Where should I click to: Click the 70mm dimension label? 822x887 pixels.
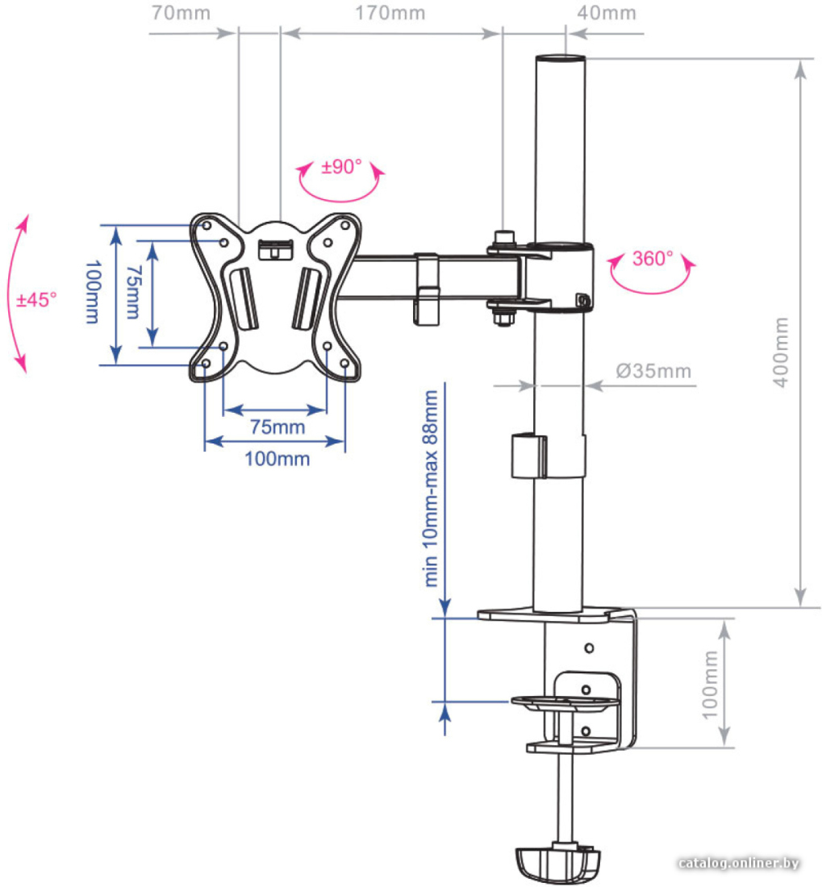click(181, 12)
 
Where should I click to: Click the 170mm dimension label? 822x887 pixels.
click(390, 12)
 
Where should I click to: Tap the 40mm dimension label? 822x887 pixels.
click(607, 12)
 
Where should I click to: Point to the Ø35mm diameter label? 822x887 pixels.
click(653, 371)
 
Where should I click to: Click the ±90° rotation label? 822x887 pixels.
click(341, 167)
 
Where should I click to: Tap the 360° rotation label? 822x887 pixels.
click(653, 259)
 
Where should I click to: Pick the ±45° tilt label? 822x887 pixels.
click(36, 299)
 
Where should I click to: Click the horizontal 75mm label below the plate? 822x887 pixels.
click(277, 427)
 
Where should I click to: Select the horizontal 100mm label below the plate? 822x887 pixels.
click(277, 459)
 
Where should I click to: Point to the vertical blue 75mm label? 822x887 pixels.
click(133, 293)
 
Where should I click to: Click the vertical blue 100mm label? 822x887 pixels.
click(93, 292)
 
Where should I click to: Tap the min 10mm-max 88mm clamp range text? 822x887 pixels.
click(431, 488)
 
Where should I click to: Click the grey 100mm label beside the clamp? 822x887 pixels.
click(709, 685)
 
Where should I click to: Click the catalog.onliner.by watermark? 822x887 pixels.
click(738, 864)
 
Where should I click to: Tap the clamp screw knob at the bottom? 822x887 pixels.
click(557, 864)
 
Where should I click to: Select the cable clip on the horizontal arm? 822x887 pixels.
click(427, 289)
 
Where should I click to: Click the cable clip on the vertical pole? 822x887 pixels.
click(529, 456)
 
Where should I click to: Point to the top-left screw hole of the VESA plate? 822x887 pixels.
click(207, 226)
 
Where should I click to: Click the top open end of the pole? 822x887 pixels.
click(561, 58)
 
